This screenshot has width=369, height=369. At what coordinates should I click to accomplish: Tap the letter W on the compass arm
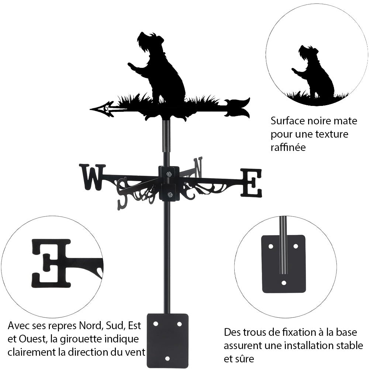[x=92, y=177]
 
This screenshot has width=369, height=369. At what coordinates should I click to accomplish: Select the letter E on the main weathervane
[x=251, y=183]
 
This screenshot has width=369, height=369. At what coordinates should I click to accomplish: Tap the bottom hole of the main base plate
[x=167, y=358]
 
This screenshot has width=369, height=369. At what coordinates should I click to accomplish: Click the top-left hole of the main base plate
[x=156, y=324]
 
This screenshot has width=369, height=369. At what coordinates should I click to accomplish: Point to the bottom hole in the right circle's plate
[x=283, y=283]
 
